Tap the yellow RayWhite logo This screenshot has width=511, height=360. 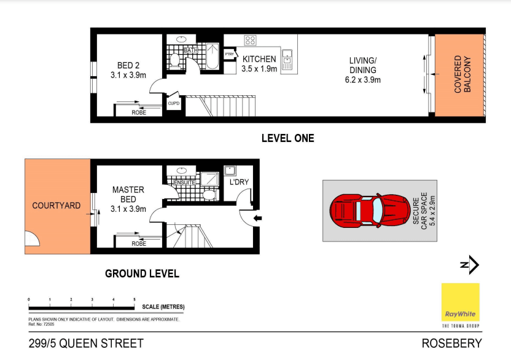460,302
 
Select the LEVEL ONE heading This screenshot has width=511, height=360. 287,138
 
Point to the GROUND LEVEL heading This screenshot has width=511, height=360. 142,273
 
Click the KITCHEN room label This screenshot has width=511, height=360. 259,59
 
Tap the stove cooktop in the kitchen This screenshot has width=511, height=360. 251,41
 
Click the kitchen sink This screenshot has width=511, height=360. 287,60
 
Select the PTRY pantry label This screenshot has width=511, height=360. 230,55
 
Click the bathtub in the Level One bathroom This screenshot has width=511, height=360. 212,55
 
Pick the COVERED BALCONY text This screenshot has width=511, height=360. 462,74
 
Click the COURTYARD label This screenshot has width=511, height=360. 56,205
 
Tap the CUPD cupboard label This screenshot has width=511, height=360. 174,103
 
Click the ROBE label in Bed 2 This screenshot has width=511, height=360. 139,112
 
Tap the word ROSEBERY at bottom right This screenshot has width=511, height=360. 451,343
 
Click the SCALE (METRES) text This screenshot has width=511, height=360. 163,307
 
